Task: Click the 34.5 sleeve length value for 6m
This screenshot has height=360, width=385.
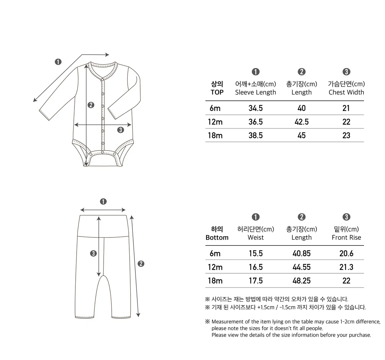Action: point(255,108)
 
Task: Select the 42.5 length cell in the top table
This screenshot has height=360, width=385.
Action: point(302,122)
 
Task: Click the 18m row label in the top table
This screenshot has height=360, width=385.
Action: point(215,135)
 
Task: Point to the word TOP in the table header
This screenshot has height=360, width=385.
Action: point(217,92)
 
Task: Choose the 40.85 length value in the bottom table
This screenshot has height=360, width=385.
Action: point(302,253)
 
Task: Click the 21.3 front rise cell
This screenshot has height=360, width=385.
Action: point(346,267)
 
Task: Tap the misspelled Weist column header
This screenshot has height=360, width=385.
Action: point(255,238)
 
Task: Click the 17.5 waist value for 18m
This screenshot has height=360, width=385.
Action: point(255,281)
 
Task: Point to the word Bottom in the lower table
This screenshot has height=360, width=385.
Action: point(217,238)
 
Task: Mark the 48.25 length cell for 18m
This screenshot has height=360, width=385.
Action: point(302,281)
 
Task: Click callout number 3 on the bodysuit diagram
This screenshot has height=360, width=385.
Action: point(120,130)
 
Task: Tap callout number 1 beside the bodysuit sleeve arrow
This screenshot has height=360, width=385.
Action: point(58,62)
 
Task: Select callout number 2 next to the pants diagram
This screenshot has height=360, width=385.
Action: point(141,264)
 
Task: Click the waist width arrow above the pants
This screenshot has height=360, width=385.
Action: point(103,210)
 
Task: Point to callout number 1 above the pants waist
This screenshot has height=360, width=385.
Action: point(103,201)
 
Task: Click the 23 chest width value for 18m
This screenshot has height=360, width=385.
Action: point(346,135)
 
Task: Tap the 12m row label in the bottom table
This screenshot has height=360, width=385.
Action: point(215,267)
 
